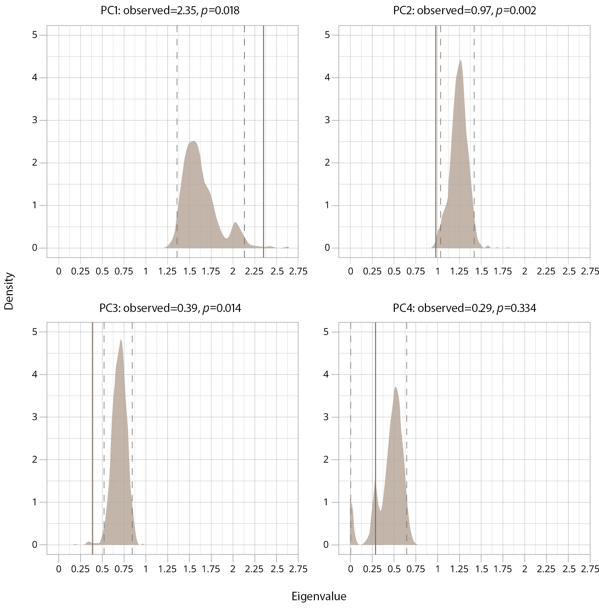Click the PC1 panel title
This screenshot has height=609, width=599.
point(170,11)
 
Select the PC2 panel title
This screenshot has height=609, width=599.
point(464,11)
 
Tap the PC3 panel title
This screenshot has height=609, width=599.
point(170,308)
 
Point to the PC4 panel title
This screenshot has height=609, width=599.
point(464,308)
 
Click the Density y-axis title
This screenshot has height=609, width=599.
point(9,291)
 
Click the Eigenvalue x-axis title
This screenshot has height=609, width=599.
point(319,596)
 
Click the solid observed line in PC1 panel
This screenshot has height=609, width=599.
point(263,130)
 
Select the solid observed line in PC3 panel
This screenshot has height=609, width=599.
point(93,422)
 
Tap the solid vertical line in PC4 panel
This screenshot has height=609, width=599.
point(376,422)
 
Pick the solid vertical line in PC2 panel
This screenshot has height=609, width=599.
point(436,130)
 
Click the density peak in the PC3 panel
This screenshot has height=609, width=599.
point(121,341)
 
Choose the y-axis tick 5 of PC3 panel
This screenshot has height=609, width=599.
point(35,332)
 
